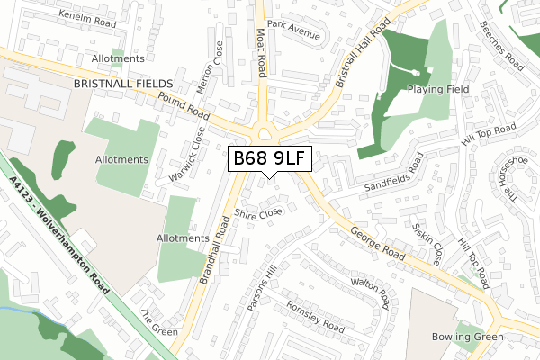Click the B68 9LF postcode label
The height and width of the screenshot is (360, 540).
coord(270,159)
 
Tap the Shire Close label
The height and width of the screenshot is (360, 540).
coord(258,213)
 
